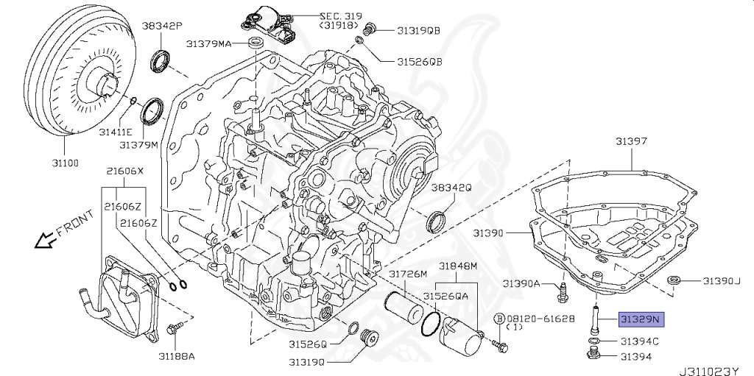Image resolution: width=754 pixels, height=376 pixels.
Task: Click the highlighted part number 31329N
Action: click(641, 319)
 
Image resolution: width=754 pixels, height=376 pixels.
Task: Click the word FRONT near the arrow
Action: click(74, 223)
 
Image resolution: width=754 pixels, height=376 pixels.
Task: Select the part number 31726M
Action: click(408, 274)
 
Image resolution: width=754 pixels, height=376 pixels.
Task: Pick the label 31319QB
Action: click(418, 31)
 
